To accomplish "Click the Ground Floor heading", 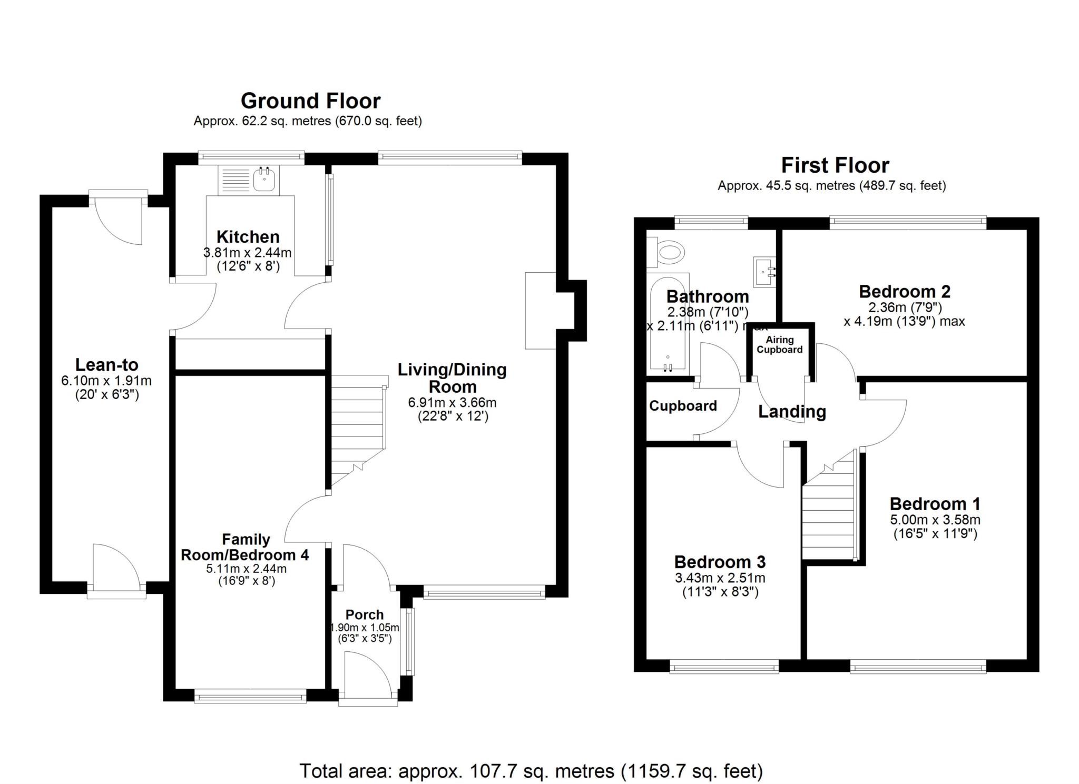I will click(x=310, y=101).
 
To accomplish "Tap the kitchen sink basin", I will click(x=264, y=179).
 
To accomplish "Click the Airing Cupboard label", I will click(x=780, y=345).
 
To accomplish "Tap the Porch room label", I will click(x=364, y=614).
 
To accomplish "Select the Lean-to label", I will click(x=106, y=364).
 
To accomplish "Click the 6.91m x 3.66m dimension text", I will click(x=452, y=403).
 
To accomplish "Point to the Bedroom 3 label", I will click(x=720, y=562).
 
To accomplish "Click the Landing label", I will click(x=792, y=412).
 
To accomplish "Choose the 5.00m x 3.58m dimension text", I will click(x=935, y=520).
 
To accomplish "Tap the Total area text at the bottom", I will click(x=531, y=771).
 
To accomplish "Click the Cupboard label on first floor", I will click(x=683, y=406).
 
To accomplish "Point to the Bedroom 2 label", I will click(x=905, y=291).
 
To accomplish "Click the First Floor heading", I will click(x=835, y=165).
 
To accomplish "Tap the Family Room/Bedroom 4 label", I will click(x=245, y=547).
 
